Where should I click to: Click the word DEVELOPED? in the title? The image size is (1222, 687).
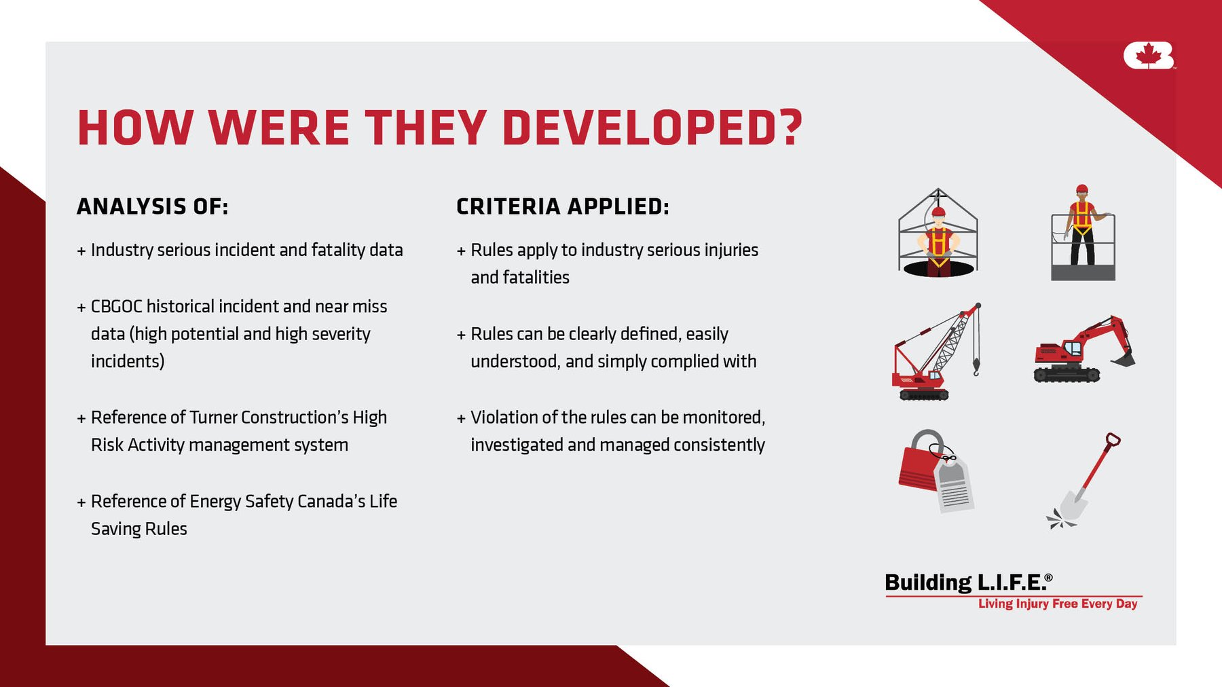(652, 128)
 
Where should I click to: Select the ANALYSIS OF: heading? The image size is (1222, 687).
(153, 206)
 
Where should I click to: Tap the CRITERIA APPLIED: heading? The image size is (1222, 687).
(563, 206)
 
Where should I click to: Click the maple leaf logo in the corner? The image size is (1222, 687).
(1149, 56)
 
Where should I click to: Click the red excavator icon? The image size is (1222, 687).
(1084, 349)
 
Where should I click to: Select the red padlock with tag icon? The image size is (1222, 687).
(936, 470)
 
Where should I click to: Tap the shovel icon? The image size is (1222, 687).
(1084, 481)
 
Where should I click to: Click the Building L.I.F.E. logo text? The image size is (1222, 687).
(969, 582)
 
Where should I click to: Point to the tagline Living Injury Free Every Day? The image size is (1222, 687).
(1058, 604)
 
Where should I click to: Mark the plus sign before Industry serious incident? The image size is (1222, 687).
(81, 251)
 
